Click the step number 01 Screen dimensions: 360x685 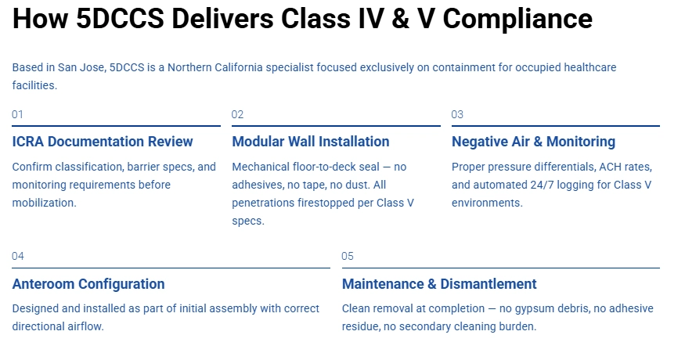17,114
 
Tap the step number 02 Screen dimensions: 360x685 238,114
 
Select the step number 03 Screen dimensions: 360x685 457,114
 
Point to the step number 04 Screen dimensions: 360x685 18,256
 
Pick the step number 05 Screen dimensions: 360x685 348,256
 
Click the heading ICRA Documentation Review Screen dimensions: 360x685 103,142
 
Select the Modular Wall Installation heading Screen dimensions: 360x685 311,142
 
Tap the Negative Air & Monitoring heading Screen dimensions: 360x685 533,142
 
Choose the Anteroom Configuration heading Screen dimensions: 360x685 88,284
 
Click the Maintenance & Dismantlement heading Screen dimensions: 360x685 439,284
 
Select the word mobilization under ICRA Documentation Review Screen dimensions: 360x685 44,203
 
